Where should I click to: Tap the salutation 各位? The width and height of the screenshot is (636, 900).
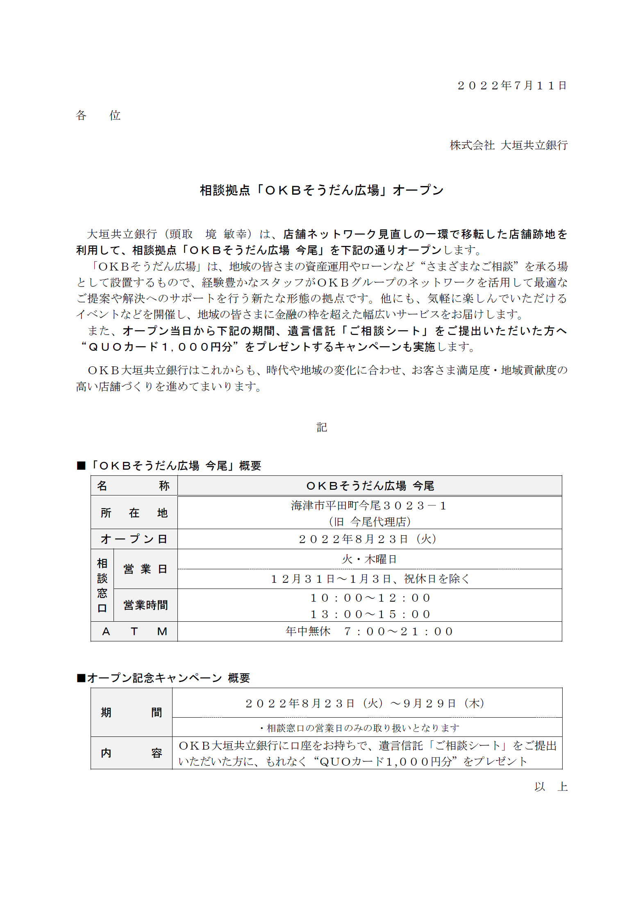[x=98, y=116]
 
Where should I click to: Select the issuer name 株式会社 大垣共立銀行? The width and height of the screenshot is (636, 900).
[x=508, y=145]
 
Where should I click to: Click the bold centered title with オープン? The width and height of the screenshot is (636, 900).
[x=322, y=190]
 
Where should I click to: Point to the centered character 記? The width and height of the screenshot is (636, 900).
[x=322, y=427]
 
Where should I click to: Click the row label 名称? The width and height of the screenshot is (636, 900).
[x=134, y=486]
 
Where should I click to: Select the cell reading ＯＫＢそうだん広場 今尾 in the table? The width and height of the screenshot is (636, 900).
[x=370, y=486]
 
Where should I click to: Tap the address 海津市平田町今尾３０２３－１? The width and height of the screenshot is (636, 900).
[x=369, y=506]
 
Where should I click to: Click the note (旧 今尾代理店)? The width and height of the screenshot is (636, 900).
[x=370, y=522]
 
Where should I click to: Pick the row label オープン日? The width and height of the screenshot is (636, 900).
[x=134, y=539]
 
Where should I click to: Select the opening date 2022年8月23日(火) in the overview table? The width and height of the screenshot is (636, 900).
[x=368, y=539]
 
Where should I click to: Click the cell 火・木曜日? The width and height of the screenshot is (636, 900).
[x=369, y=559]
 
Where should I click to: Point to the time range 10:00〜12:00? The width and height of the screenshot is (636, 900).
[x=370, y=598]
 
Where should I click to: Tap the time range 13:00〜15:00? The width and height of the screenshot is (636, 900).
[x=370, y=614]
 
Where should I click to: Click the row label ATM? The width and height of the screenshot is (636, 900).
[x=134, y=632]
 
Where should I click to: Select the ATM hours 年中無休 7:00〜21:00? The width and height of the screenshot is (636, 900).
[x=370, y=632]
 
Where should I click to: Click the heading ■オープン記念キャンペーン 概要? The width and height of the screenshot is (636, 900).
[x=163, y=678]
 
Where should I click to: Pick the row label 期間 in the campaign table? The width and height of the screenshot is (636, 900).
[x=131, y=713]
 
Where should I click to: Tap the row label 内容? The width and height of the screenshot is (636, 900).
[x=131, y=753]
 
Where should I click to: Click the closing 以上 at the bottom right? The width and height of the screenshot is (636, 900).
[x=550, y=787]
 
